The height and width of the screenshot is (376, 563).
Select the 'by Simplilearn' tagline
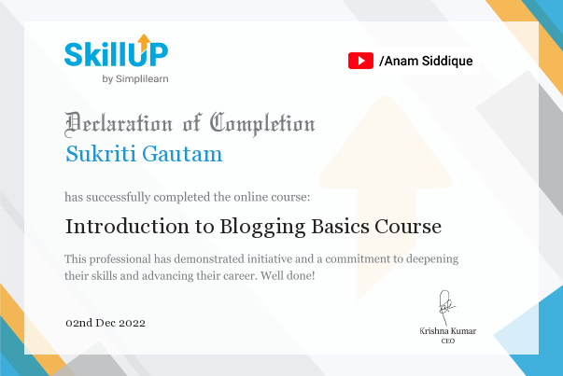click(134, 78)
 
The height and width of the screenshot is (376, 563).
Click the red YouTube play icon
click(360, 62)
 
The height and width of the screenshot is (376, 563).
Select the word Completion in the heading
click(262, 122)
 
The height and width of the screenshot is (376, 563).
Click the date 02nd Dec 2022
click(106, 323)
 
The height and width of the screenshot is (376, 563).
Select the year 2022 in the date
click(131, 323)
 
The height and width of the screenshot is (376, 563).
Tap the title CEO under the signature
click(447, 341)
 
